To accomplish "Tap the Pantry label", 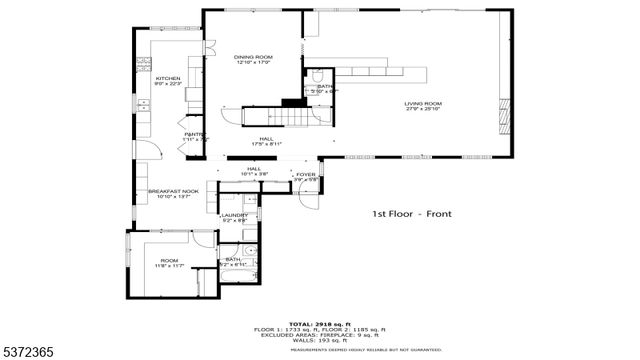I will [195, 136].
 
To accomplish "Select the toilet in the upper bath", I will [317, 76].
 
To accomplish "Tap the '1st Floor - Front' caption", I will [409, 214].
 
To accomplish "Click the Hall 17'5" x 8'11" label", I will [267, 141].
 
